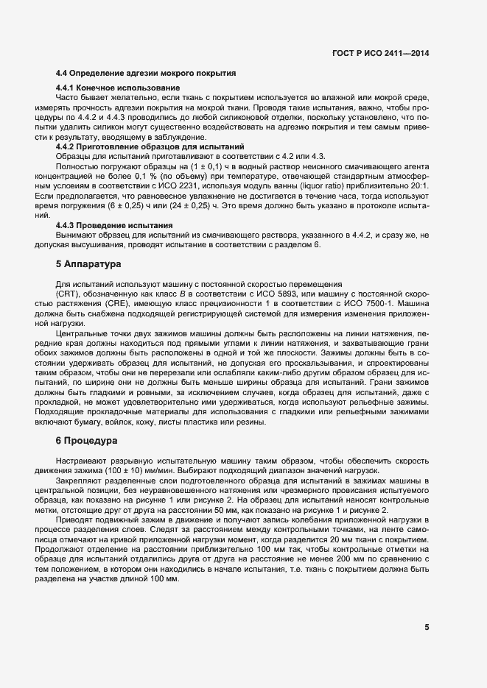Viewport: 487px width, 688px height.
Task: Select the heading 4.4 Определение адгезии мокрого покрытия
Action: point(146,74)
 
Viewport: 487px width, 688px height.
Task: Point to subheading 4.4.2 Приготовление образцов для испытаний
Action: point(150,146)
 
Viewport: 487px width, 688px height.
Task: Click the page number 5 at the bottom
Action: point(427,627)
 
